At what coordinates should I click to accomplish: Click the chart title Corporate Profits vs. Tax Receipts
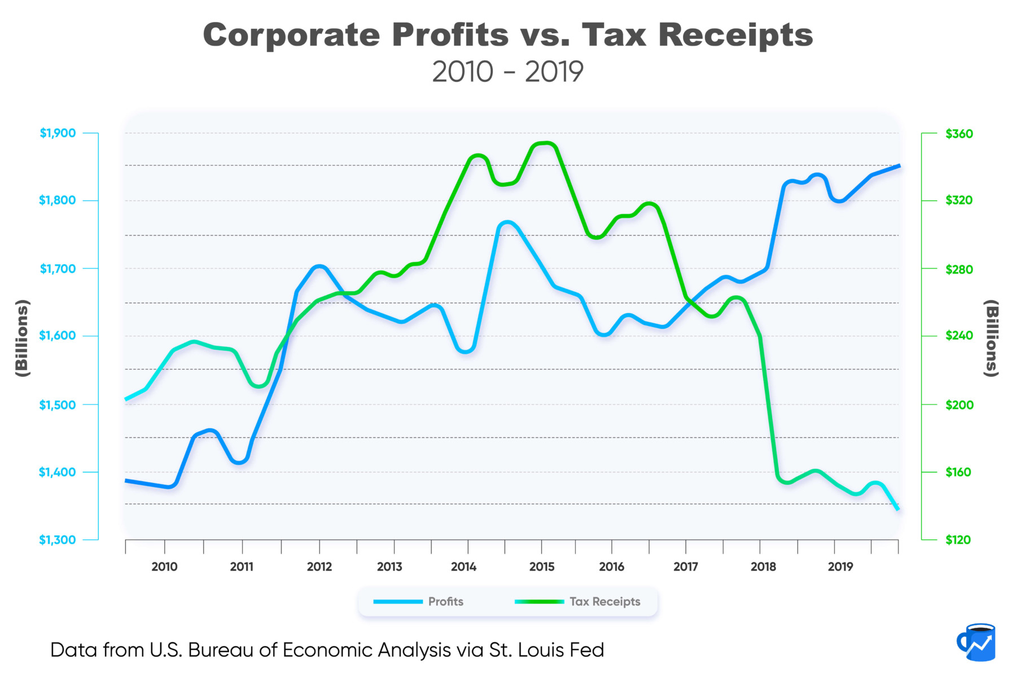click(507, 35)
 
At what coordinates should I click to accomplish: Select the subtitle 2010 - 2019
click(507, 72)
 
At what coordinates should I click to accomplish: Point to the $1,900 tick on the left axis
click(58, 134)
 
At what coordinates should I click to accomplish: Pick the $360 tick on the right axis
click(959, 134)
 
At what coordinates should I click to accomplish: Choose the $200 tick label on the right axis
click(959, 405)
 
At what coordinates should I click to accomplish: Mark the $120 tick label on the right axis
click(959, 540)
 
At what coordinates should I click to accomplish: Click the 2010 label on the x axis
click(164, 567)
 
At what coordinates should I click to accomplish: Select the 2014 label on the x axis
click(463, 567)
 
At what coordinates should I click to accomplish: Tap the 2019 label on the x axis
click(840, 567)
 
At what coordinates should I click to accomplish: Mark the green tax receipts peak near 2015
click(544, 143)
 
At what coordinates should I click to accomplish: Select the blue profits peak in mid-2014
click(506, 223)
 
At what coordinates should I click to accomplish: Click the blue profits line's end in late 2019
click(899, 166)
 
